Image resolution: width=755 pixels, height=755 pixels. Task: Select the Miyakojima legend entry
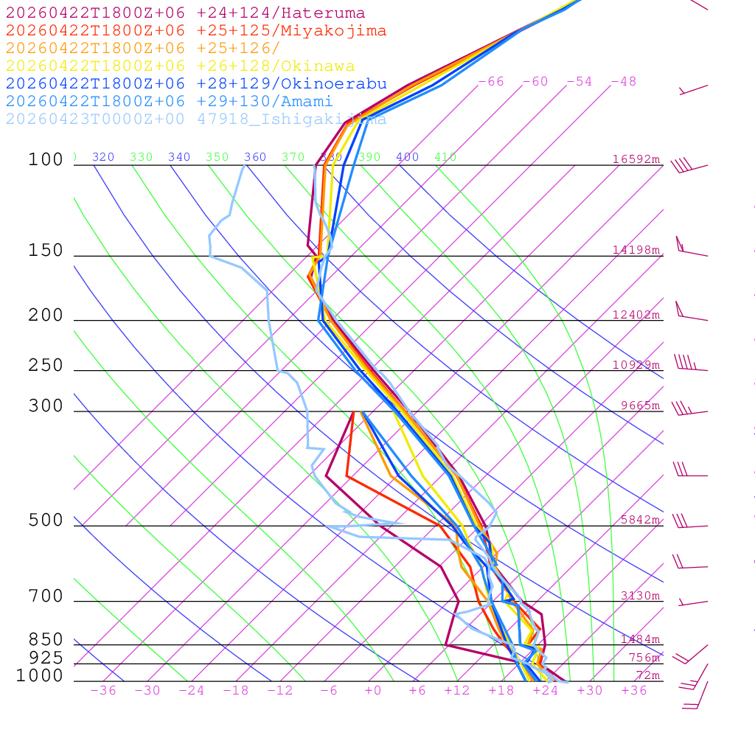tap(195, 31)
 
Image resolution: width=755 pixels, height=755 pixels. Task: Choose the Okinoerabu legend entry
tap(195, 84)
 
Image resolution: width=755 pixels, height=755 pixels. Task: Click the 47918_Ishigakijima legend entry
tap(195, 119)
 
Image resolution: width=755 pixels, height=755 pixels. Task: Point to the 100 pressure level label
tap(46, 160)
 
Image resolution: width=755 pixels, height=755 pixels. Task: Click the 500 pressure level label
tap(46, 521)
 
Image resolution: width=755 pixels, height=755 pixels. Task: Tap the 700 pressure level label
tap(46, 596)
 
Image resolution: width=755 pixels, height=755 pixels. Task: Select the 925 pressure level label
tap(46, 658)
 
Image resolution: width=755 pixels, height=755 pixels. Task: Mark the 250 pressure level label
tap(46, 366)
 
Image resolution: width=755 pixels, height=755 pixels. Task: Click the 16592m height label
tap(636, 159)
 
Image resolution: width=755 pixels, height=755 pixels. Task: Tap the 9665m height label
tap(639, 406)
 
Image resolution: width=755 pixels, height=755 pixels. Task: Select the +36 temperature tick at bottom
tap(634, 691)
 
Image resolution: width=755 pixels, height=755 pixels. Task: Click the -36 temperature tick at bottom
tap(103, 691)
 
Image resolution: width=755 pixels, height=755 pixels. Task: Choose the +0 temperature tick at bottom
tap(373, 691)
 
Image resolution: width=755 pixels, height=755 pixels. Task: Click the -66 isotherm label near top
tap(491, 82)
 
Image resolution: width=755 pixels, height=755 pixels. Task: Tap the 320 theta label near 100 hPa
tap(103, 157)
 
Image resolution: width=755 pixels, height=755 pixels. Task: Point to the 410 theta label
tap(445, 157)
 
